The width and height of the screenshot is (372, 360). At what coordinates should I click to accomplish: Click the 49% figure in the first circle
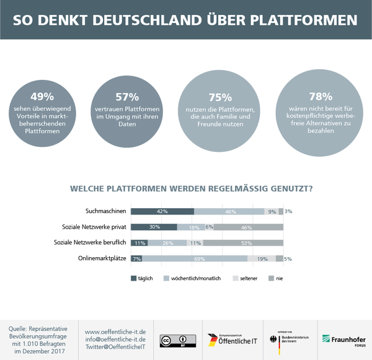[42, 97]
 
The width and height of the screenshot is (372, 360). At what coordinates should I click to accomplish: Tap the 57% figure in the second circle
[127, 97]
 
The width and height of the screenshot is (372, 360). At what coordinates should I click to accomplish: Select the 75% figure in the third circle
[219, 98]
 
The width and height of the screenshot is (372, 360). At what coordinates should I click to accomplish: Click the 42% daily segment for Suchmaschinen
[162, 211]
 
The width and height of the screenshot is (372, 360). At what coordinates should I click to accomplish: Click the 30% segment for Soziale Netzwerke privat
[154, 227]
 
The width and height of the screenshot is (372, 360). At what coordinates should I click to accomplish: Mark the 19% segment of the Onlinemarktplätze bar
[262, 258]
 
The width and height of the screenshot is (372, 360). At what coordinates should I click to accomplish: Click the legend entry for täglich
[144, 278]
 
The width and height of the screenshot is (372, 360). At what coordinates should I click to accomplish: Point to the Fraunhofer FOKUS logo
[343, 340]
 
